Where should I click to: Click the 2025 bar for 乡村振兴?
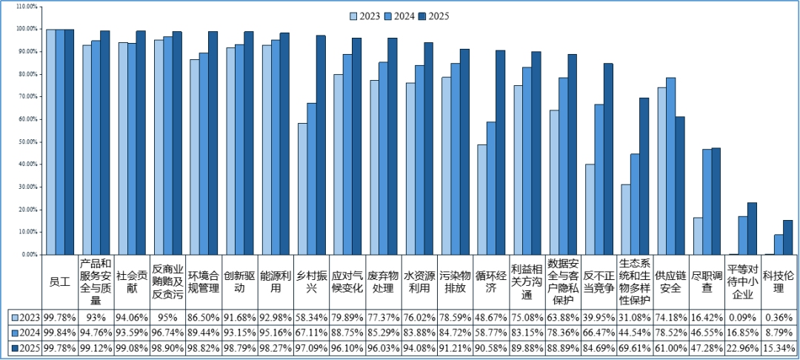pos(321,145)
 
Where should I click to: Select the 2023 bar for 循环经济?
pos(482,199)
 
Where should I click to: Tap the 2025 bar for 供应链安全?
pos(679,186)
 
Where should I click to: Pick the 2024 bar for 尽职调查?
pos(707,202)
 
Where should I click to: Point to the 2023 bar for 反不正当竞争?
pos(590,209)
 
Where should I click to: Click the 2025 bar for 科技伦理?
pos(787,237)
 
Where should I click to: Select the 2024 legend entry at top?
pos(401,16)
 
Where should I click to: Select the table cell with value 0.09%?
pos(742,317)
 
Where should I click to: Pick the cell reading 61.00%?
pos(671,349)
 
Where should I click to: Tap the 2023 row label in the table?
pos(25,317)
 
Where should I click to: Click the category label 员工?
pos(60,282)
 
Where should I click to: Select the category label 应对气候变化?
pos(350,282)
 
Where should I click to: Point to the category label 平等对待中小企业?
pos(742,282)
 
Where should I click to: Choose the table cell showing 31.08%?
pos(635,317)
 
